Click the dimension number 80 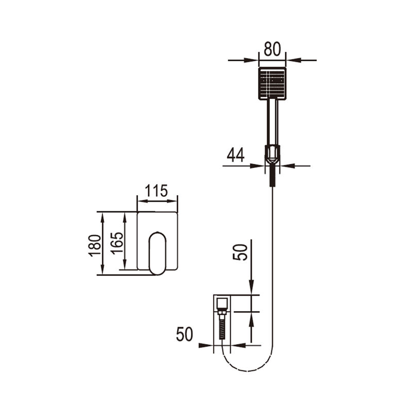click(272, 49)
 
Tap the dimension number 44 click(235, 155)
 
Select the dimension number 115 click(156, 191)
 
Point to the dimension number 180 click(95, 246)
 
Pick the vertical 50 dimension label click(240, 252)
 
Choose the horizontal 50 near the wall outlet click(184, 334)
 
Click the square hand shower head click(272, 83)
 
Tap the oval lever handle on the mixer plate click(158, 253)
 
